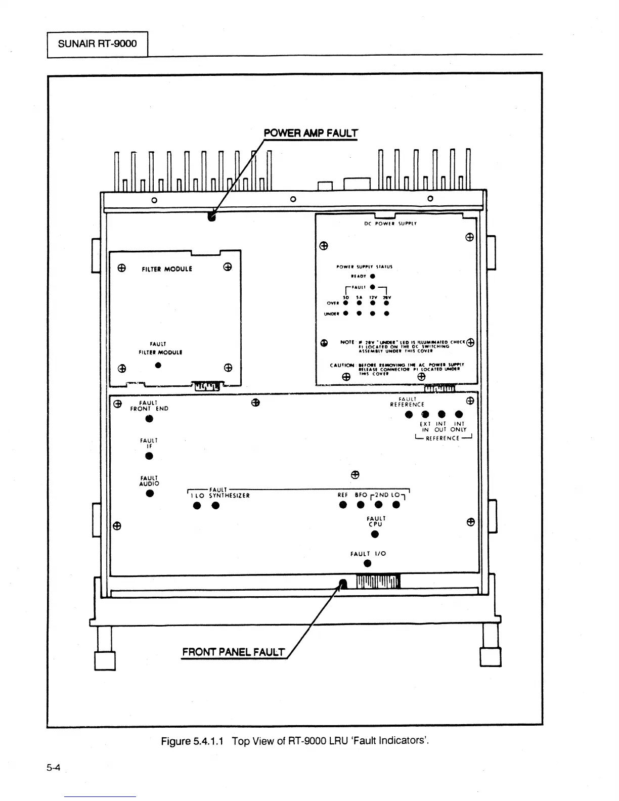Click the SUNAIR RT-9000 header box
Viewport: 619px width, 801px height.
(97, 43)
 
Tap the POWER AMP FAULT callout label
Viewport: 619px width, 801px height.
(311, 133)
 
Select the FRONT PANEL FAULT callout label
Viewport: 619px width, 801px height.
(234, 652)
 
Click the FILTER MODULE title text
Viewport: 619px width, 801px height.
(167, 269)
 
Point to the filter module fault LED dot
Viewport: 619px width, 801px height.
(158, 365)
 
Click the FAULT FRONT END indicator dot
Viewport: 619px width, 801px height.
(149, 419)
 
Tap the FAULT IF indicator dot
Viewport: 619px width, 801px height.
(149, 456)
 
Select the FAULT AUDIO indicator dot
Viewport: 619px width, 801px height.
(149, 494)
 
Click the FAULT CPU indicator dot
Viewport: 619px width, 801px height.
(375, 535)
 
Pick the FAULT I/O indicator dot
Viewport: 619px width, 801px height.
(368, 564)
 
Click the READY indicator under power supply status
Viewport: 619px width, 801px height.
(372, 276)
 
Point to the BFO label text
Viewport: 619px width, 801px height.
(361, 496)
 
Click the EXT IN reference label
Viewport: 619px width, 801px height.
(425, 427)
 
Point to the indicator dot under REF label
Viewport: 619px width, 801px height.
(343, 505)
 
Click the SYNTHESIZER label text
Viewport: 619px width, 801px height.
(230, 496)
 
